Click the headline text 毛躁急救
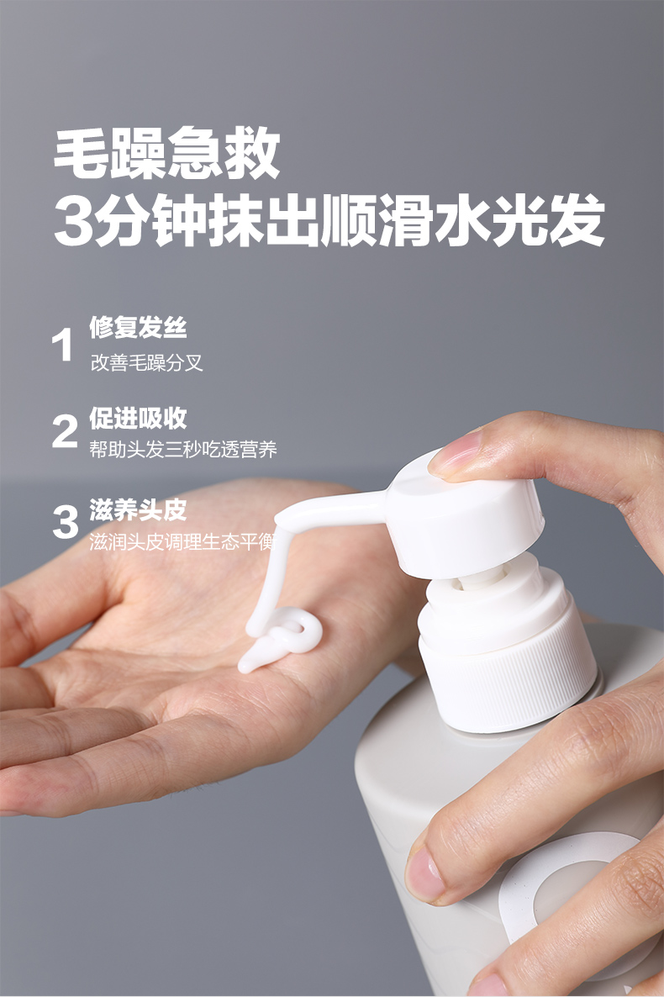pyautogui.click(x=166, y=153)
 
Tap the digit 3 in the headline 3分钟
pyautogui.click(x=75, y=221)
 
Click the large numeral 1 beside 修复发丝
pyautogui.click(x=62, y=346)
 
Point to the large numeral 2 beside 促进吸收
pyautogui.click(x=65, y=431)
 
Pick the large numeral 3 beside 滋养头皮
pyautogui.click(x=65, y=522)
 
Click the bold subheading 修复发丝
pyautogui.click(x=138, y=328)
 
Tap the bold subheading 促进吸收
pyautogui.click(x=138, y=418)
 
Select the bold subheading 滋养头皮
pyautogui.click(x=138, y=509)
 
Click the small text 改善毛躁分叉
pyautogui.click(x=147, y=363)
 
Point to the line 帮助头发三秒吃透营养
pyautogui.click(x=183, y=450)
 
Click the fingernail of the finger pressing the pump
pyautogui.click(x=454, y=453)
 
